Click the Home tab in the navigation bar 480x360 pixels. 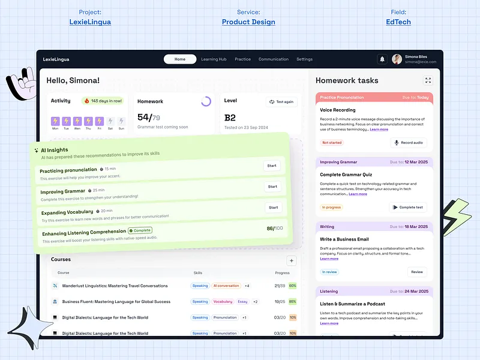point(180,59)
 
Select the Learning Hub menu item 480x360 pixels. point(214,59)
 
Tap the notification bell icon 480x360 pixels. point(382,59)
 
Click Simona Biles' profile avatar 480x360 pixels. point(397,59)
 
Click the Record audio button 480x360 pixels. point(408,143)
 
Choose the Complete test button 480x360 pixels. point(408,208)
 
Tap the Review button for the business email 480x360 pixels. point(417,272)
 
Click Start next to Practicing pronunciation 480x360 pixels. point(272,166)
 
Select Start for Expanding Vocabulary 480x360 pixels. point(273,208)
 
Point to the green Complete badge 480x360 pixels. point(140,230)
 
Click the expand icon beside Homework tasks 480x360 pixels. point(428,80)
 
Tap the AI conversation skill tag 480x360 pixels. point(226,286)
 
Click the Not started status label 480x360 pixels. point(332,143)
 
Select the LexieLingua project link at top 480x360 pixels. point(90,22)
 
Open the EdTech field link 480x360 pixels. point(398,22)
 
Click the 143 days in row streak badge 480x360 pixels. point(103,101)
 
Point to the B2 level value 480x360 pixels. point(230,118)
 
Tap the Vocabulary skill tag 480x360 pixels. point(223,302)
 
